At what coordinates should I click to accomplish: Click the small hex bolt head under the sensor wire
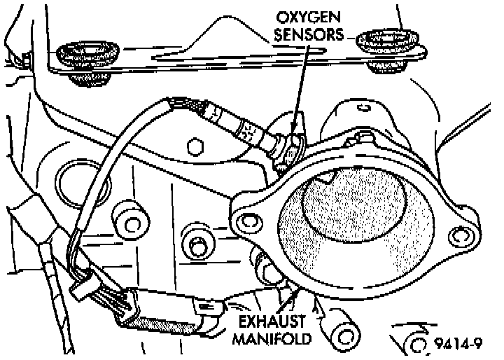197,147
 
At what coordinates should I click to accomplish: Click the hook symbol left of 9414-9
413,340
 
